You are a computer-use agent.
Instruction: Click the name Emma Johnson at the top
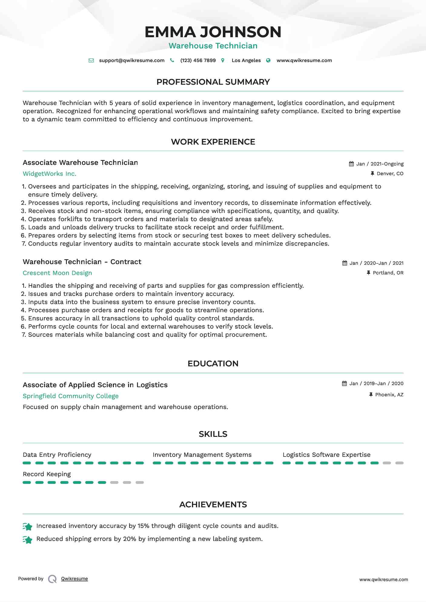click(x=213, y=32)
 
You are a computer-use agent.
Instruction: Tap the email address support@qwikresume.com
click(x=132, y=61)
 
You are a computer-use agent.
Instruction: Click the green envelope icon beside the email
click(x=91, y=61)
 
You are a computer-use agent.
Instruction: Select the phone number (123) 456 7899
click(x=198, y=61)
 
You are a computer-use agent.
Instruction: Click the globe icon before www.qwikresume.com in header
click(x=268, y=61)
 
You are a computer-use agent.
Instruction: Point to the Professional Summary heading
click(x=213, y=82)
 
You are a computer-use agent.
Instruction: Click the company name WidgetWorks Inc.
click(x=49, y=174)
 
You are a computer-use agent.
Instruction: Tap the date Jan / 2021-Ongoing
click(x=380, y=164)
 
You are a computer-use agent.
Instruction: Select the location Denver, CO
click(x=390, y=174)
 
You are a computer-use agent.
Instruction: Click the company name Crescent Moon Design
click(x=57, y=273)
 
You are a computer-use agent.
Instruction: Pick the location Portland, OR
click(x=388, y=273)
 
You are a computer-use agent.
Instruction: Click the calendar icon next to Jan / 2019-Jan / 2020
click(x=345, y=384)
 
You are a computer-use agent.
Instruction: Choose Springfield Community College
click(x=71, y=396)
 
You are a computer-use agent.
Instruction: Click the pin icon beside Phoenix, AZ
click(x=371, y=394)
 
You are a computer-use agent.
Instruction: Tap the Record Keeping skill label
click(x=47, y=474)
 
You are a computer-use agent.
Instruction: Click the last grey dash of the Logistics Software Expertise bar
click(x=399, y=463)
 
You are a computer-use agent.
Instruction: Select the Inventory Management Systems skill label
click(x=202, y=455)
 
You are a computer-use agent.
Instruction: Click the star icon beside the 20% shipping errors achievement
click(x=28, y=540)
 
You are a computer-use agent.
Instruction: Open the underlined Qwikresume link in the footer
click(x=74, y=579)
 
